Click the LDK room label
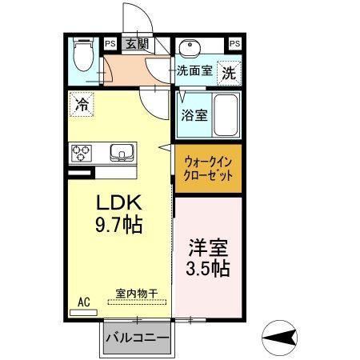click(x=119, y=202)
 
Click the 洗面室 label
click(x=194, y=70)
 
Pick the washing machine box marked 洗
click(x=229, y=71)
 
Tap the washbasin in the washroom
click(x=190, y=46)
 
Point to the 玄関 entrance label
click(x=136, y=43)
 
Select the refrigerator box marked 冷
click(x=82, y=102)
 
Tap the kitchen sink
click(x=122, y=151)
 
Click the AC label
click(x=84, y=302)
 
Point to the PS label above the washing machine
click(x=234, y=43)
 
